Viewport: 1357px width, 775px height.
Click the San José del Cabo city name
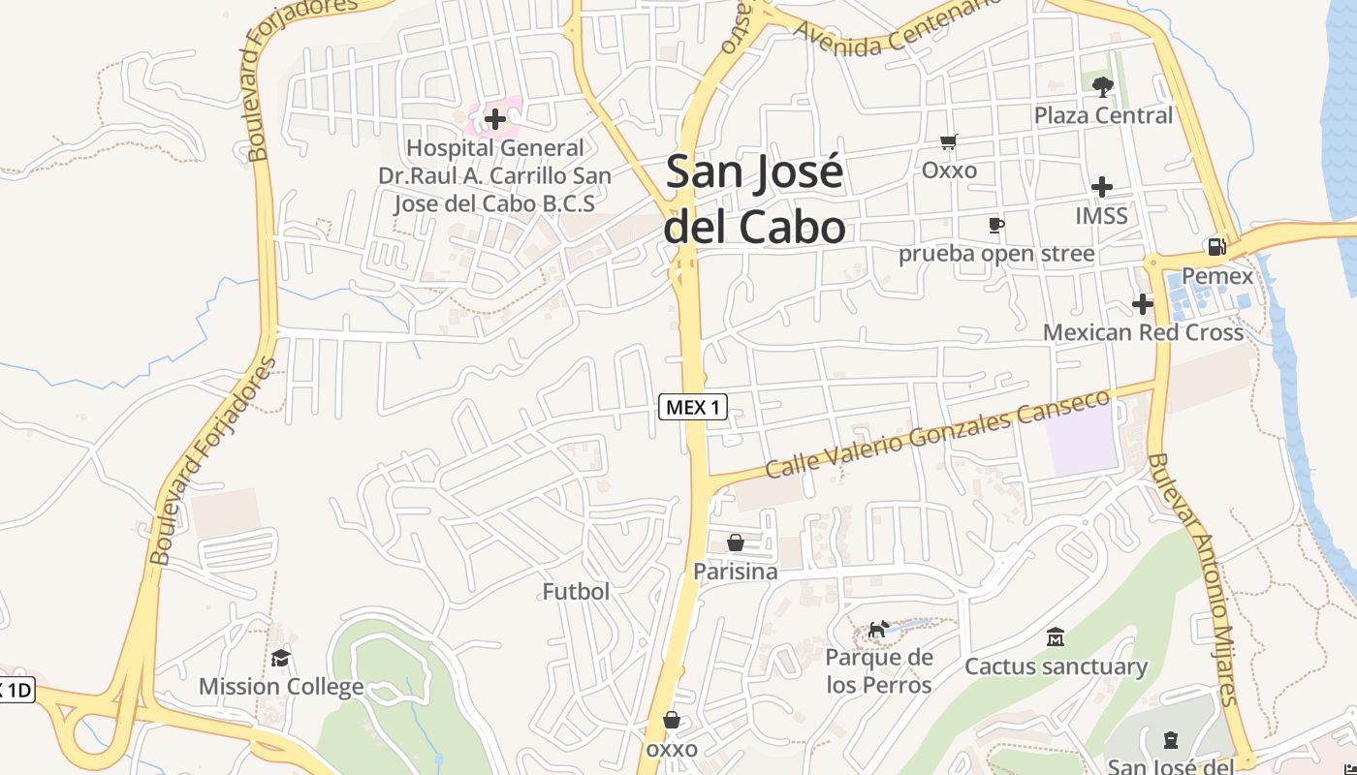(x=755, y=199)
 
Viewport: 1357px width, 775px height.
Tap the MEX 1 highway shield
(x=693, y=407)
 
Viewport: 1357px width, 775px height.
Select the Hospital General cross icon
(x=495, y=119)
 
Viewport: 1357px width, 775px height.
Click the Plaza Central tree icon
(x=1102, y=87)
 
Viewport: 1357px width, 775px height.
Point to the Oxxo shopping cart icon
(x=949, y=142)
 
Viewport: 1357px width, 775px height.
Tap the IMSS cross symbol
(x=1101, y=187)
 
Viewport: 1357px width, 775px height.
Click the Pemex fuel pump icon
(x=1216, y=247)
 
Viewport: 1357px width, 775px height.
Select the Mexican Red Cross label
(x=1143, y=332)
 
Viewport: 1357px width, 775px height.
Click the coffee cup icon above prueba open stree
(x=995, y=226)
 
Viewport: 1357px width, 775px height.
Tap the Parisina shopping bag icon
(x=736, y=542)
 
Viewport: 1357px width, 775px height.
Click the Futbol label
(x=576, y=591)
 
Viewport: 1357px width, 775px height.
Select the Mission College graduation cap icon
(x=280, y=659)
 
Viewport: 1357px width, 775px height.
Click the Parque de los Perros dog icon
(x=878, y=630)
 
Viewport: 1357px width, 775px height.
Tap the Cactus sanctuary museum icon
(x=1056, y=637)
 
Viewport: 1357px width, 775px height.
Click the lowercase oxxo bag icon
(x=671, y=721)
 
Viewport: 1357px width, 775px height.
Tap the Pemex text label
(x=1217, y=276)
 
